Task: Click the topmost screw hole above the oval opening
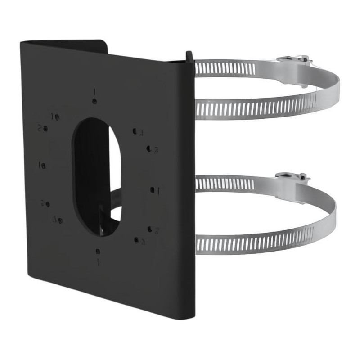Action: [x=94, y=101]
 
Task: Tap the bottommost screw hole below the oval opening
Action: [x=98, y=251]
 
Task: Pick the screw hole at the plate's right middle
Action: [x=153, y=190]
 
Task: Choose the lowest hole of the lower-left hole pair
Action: [x=60, y=220]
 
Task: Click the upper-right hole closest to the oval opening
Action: [x=135, y=131]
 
